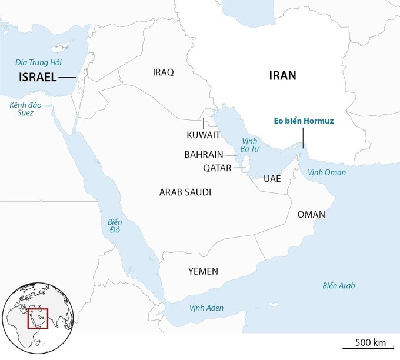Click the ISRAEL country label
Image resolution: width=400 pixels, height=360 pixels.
(38, 78)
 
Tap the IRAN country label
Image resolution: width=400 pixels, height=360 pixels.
(282, 76)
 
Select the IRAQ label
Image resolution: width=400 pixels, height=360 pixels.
(164, 72)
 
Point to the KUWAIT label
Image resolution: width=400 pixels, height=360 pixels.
(204, 135)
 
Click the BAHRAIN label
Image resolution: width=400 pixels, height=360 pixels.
(204, 155)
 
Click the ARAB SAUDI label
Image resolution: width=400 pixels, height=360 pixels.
(185, 192)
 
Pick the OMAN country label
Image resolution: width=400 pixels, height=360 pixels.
(311, 214)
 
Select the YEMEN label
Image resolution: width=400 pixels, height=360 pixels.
(203, 271)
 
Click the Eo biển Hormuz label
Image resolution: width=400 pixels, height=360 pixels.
(304, 121)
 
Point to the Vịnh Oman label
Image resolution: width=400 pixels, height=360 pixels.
(327, 173)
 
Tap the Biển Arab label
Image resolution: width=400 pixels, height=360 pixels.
(339, 286)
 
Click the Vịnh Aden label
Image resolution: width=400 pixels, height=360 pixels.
(206, 308)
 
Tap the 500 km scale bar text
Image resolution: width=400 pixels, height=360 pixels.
(371, 342)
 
